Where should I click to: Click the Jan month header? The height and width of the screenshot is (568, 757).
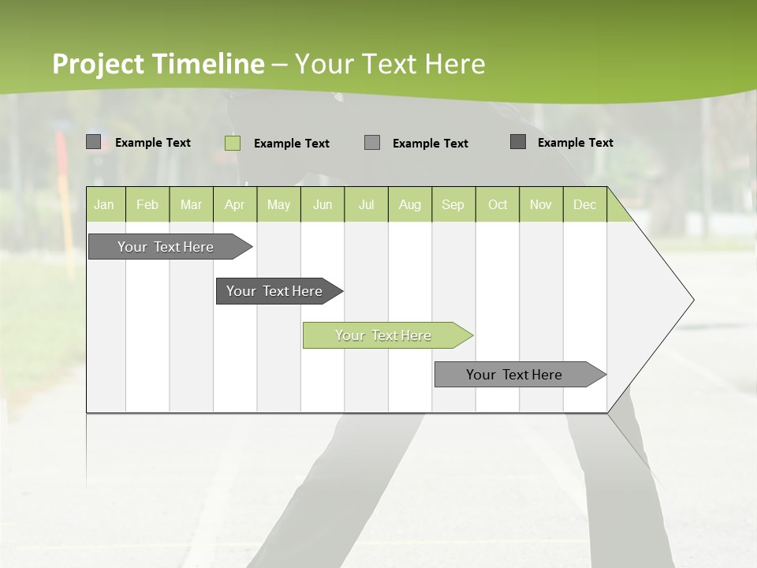coord(104,204)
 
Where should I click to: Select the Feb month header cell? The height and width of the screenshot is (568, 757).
coord(147,204)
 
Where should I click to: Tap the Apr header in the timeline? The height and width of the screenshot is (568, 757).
coord(234,204)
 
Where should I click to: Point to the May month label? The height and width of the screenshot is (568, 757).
coord(278,204)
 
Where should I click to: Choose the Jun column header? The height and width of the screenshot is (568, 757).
coord(323,204)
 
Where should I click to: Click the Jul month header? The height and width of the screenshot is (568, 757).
coord(366,204)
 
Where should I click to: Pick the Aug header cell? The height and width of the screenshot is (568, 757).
coord(410,204)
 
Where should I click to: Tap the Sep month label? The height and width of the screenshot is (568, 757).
coord(453,204)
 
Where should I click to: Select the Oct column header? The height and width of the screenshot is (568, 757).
coord(498,204)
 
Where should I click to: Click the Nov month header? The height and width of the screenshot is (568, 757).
coord(541,204)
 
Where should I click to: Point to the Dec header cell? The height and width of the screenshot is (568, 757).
coord(584,204)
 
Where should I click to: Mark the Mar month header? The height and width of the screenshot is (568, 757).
coord(191,204)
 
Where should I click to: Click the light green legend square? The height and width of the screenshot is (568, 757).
coord(232,143)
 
